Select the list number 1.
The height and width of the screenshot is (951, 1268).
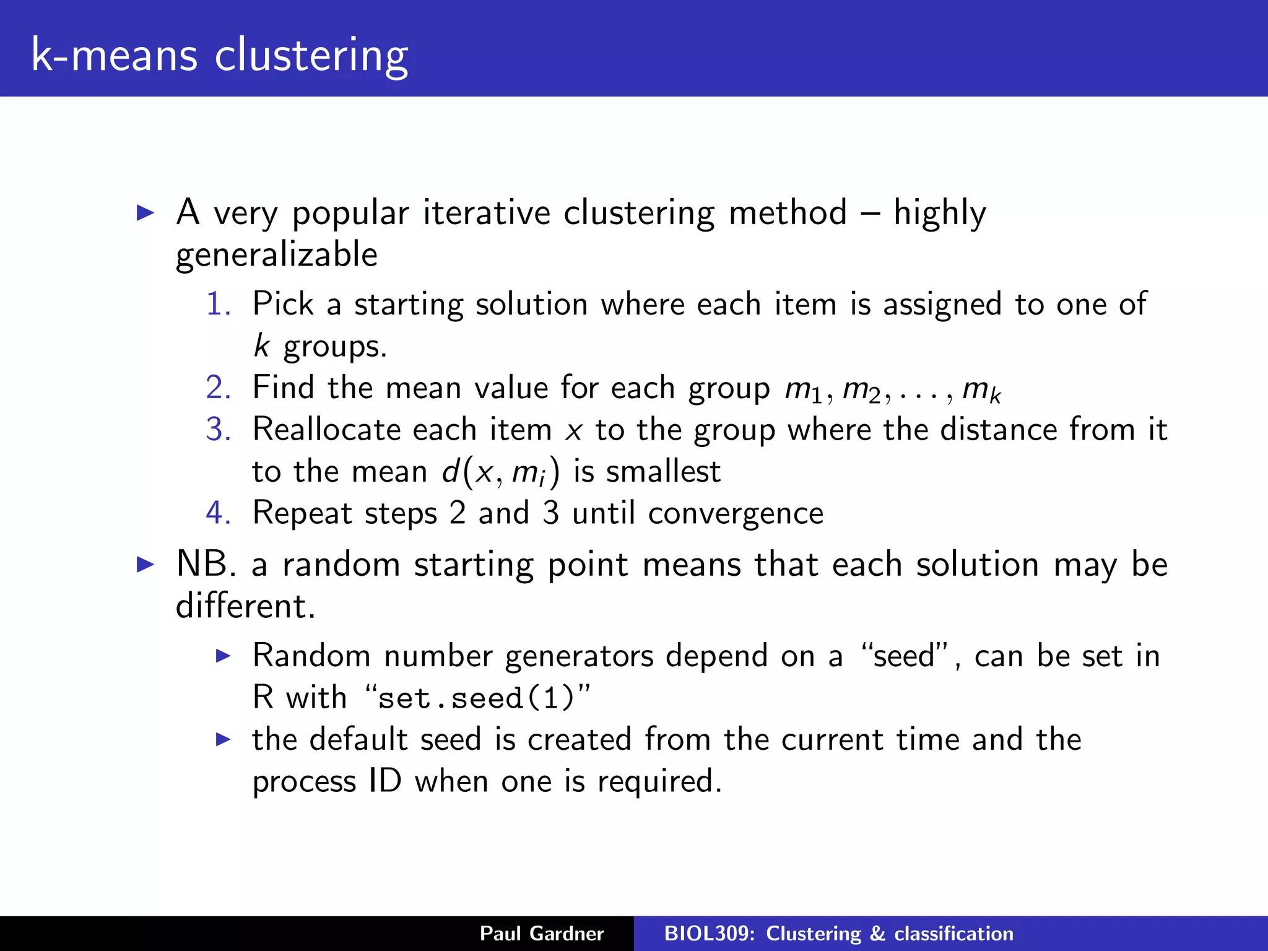218,304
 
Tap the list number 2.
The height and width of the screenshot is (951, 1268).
218,388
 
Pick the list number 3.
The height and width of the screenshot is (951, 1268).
218,430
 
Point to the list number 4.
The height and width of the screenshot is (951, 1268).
218,513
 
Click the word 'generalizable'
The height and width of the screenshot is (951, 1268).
276,255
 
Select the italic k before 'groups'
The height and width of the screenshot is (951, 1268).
262,345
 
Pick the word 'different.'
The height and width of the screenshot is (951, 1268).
245,606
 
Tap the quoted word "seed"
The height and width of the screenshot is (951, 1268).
904,655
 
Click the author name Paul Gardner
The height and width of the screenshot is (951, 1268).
542,934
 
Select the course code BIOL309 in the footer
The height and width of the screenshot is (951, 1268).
708,934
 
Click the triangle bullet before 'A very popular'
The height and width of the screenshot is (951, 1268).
145,213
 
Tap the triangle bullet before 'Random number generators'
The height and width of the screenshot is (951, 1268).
223,656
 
